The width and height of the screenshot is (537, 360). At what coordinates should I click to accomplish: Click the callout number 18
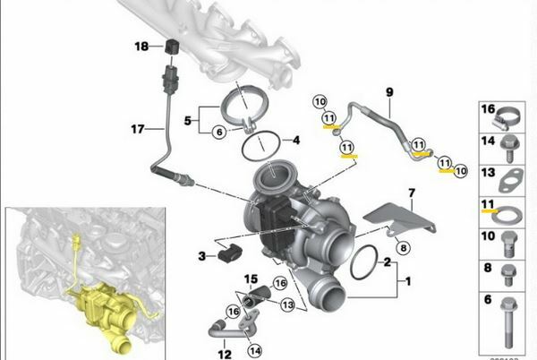(141, 46)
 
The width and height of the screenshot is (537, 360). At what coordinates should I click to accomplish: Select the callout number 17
(137, 129)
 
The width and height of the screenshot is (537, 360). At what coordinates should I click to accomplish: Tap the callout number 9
(389, 91)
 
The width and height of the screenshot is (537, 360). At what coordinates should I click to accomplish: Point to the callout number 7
(412, 193)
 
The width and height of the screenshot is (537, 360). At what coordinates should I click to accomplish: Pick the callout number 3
(202, 256)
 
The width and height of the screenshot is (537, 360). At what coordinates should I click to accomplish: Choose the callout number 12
(224, 353)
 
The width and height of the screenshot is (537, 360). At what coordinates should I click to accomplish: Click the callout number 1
(408, 281)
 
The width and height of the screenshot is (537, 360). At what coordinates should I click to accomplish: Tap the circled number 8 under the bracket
(403, 246)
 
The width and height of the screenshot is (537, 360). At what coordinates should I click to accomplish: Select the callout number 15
(251, 279)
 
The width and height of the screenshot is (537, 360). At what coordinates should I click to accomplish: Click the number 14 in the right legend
(488, 141)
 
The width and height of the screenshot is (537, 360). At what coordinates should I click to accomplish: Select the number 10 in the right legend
(488, 236)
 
